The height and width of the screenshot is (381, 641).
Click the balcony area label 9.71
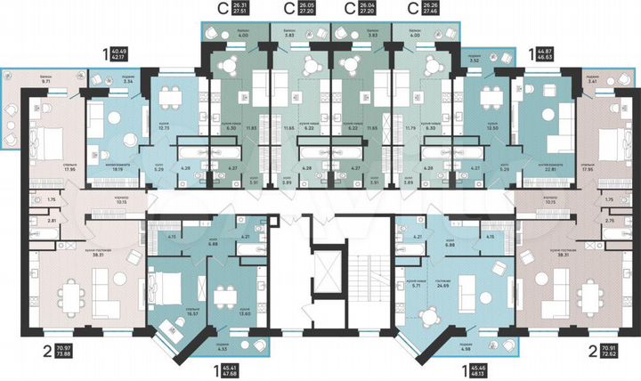[x=45, y=82]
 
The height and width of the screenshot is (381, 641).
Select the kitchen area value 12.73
[x=164, y=127]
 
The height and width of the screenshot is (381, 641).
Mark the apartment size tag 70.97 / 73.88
[x=63, y=351]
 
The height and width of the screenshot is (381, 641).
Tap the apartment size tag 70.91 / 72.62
[x=609, y=351]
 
